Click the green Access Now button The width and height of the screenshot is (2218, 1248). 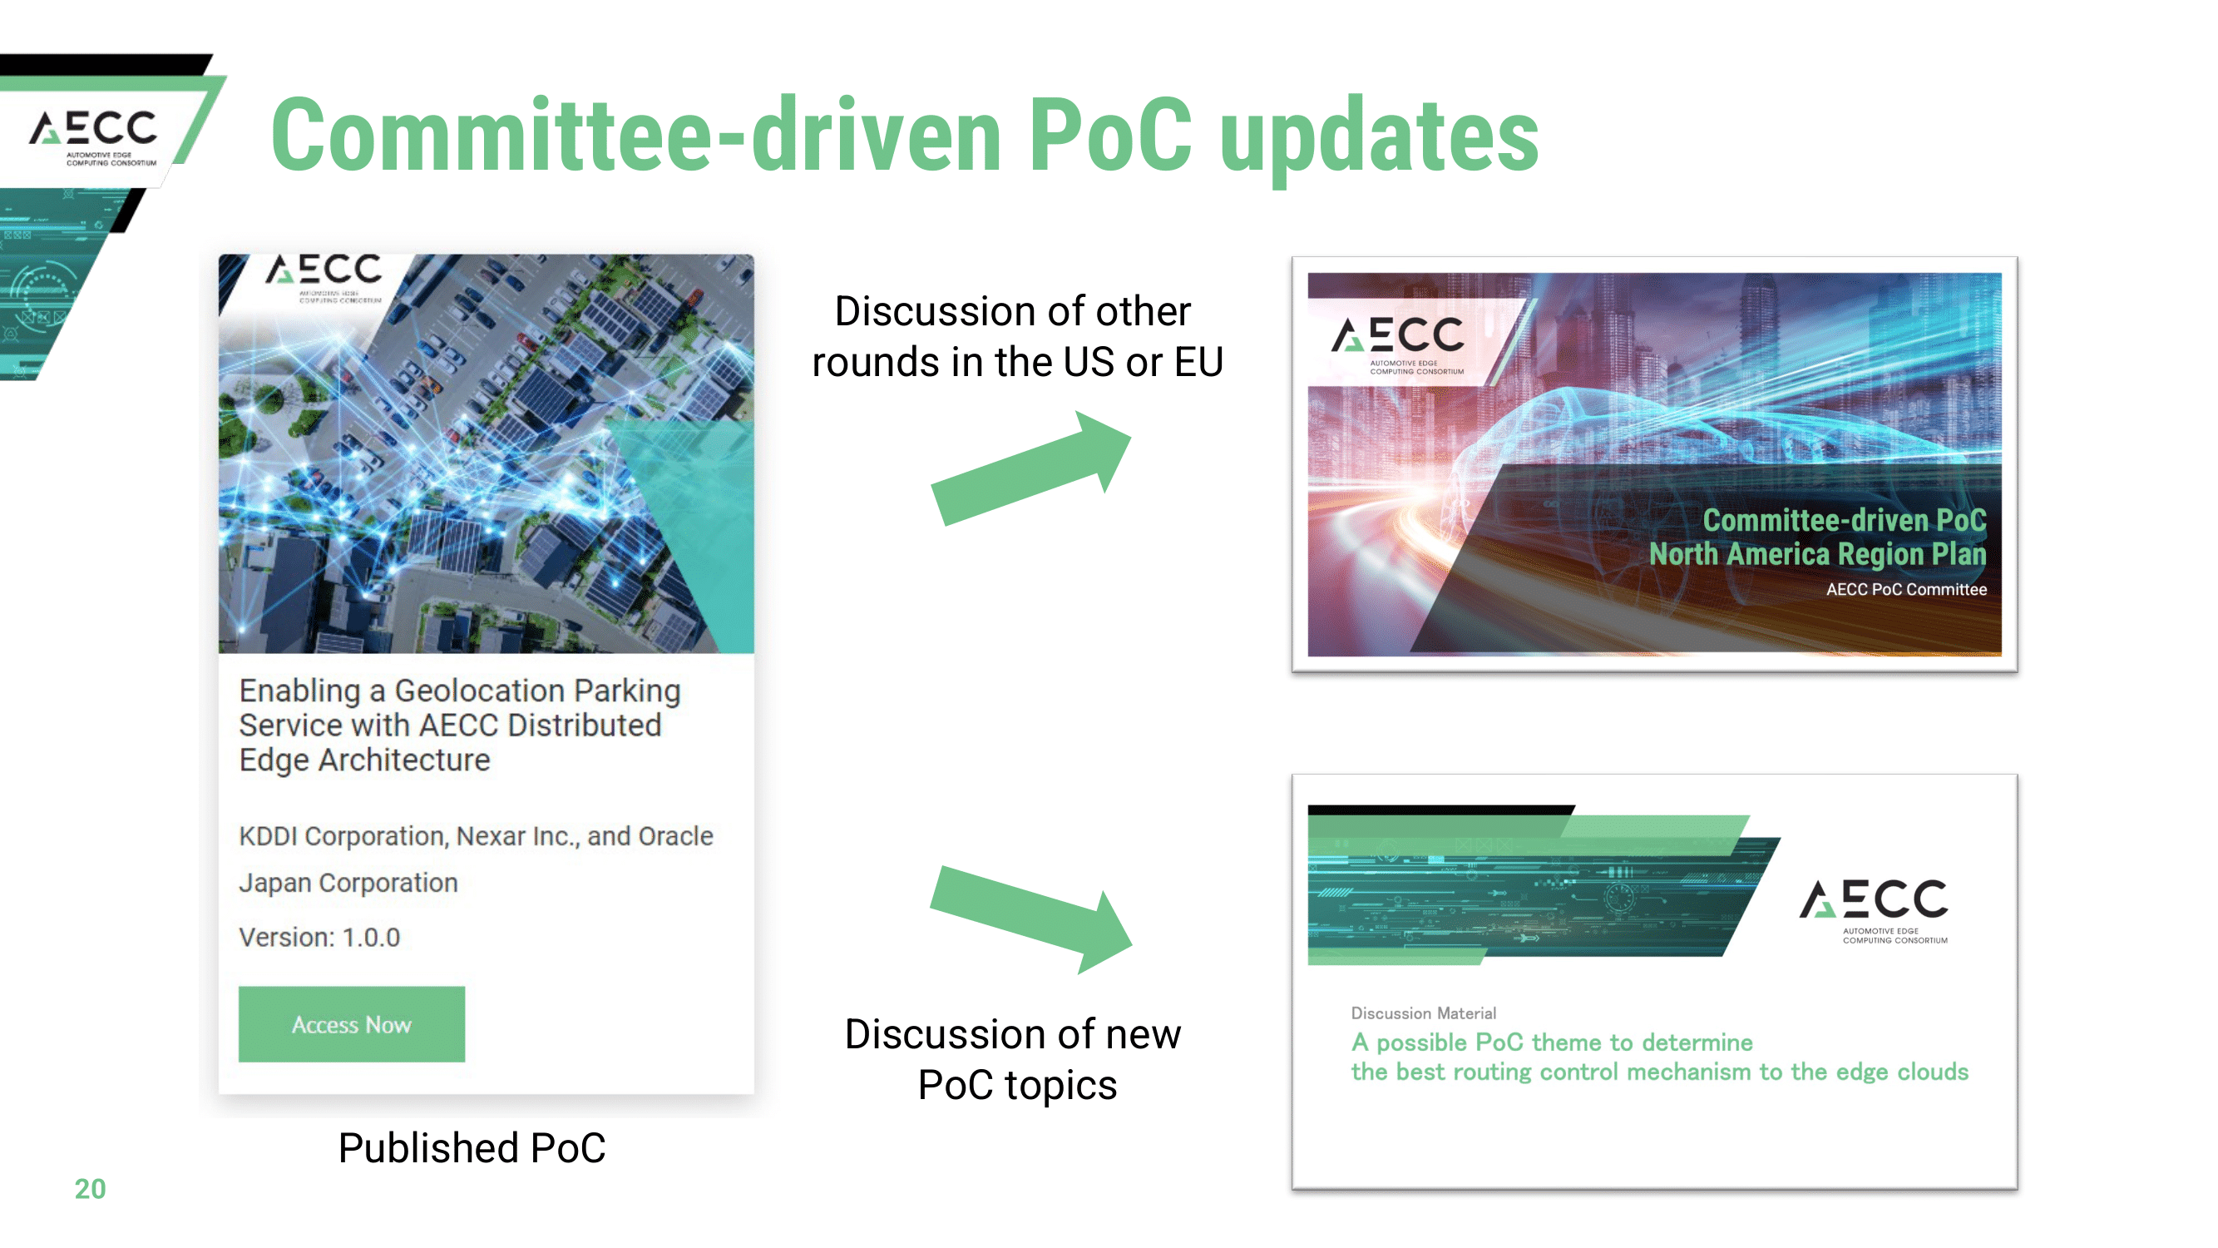[351, 1023]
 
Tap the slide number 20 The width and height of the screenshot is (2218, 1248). [90, 1189]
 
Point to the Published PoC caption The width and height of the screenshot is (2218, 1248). [472, 1147]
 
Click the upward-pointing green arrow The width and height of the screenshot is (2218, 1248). [1031, 468]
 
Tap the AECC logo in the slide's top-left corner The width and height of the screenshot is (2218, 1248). [93, 136]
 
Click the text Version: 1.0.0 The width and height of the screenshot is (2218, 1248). [319, 937]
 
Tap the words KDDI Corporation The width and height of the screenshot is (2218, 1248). [343, 836]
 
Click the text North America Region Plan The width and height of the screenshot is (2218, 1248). [1818, 555]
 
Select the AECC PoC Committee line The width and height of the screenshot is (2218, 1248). [1906, 589]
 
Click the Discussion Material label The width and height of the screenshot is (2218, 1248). [1423, 1013]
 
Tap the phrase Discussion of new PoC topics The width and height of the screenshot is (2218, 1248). [1014, 1059]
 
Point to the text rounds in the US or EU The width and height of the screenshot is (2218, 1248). [1017, 362]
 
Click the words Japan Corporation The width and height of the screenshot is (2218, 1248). [348, 883]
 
